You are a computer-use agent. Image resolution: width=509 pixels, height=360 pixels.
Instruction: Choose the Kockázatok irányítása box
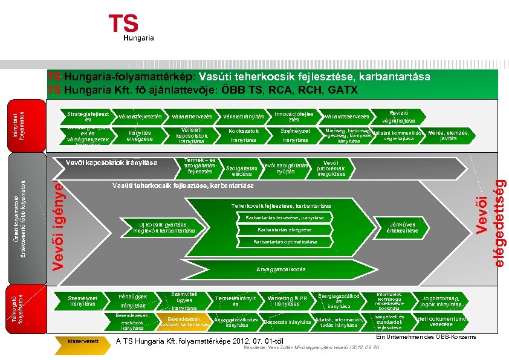point(244,135)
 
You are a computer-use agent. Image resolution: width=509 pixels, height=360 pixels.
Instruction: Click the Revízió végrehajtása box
point(397,116)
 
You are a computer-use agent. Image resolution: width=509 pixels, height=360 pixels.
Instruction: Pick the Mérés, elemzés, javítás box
point(449,135)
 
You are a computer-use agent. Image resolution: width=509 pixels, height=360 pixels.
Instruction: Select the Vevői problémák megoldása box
point(331,168)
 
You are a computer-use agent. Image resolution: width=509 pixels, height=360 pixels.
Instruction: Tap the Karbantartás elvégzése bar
point(284,230)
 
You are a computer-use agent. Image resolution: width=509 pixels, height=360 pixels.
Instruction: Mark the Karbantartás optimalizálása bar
point(285,242)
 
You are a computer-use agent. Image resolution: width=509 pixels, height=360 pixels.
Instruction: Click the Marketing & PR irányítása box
point(287,301)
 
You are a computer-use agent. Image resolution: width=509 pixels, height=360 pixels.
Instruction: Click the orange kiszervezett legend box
point(84,341)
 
